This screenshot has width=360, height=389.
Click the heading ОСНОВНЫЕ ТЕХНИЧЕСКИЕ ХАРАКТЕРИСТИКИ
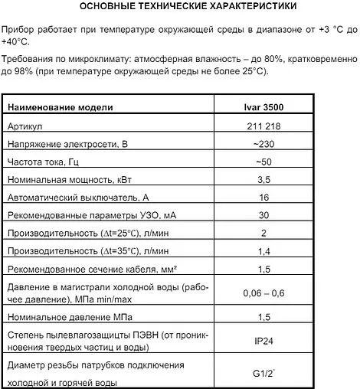pos(179,8)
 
